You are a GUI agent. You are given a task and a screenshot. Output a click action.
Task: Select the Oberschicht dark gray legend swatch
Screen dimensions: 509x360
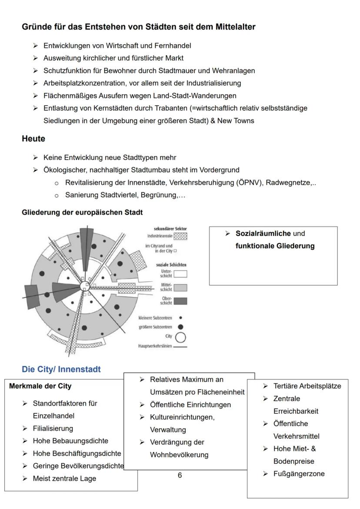pyautogui.click(x=180, y=301)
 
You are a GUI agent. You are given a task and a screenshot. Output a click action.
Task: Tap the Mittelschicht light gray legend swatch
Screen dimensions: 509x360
pyautogui.click(x=180, y=287)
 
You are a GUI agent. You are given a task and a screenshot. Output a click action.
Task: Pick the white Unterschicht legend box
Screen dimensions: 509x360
pyautogui.click(x=180, y=273)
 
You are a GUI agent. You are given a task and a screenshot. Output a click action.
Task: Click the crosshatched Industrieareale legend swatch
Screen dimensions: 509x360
pyautogui.click(x=180, y=235)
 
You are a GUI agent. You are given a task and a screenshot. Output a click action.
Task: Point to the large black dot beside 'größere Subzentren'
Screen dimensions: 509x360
pyautogui.click(x=180, y=326)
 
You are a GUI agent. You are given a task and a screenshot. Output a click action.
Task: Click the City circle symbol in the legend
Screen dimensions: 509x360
pyautogui.click(x=180, y=336)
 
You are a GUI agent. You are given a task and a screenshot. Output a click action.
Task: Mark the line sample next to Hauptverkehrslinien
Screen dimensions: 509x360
pyautogui.click(x=180, y=346)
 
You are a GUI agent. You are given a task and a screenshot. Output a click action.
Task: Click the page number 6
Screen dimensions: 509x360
pyautogui.click(x=180, y=475)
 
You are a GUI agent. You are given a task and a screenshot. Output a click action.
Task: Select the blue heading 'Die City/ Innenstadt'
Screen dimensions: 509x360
pyautogui.click(x=61, y=369)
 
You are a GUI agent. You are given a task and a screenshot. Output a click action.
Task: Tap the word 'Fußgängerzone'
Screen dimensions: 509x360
pyautogui.click(x=299, y=474)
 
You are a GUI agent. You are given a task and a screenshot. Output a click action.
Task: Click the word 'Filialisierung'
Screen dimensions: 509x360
pyautogui.click(x=53, y=428)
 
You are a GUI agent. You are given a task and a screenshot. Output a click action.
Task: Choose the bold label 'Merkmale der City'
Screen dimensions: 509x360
pyautogui.click(x=40, y=386)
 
